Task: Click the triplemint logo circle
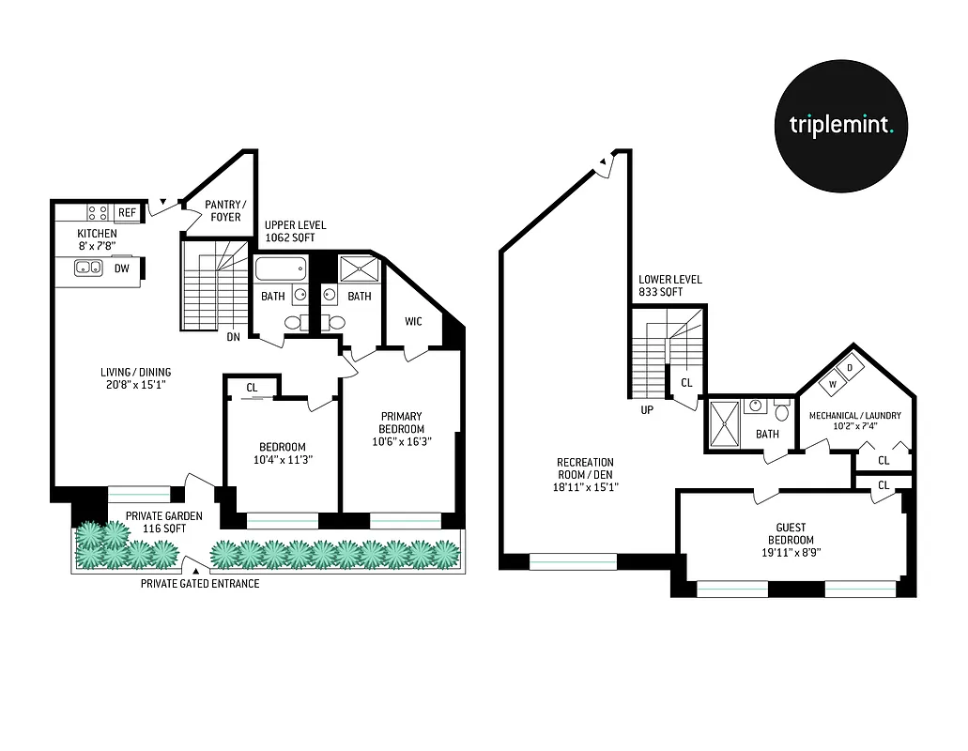click(840, 125)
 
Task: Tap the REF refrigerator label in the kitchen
click(127, 213)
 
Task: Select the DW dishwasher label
click(121, 268)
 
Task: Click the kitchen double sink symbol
click(89, 268)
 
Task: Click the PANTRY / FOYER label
click(225, 210)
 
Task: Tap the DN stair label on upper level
click(233, 337)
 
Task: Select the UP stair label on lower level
click(647, 409)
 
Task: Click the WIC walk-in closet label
click(413, 322)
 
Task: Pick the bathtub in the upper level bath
click(280, 270)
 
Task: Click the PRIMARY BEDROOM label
click(401, 422)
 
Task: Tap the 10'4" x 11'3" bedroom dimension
click(283, 460)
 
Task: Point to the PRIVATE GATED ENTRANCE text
click(200, 583)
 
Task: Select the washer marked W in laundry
click(831, 383)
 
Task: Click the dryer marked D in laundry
click(849, 368)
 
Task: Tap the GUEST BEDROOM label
click(790, 533)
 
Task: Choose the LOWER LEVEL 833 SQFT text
click(669, 286)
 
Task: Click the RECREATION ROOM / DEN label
click(585, 474)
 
